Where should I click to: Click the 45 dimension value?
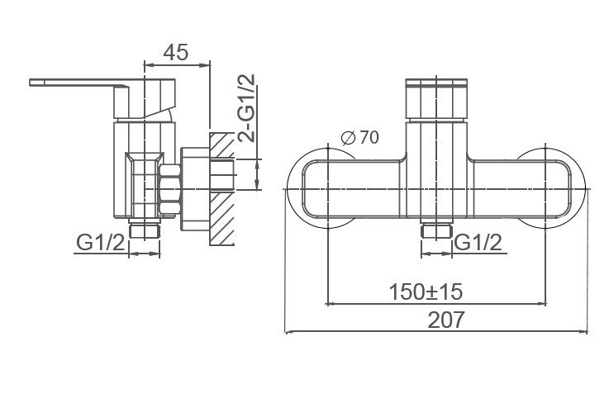(175, 52)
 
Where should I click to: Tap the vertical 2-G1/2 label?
(247, 107)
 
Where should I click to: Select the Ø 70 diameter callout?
(359, 137)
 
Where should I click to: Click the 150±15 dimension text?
(426, 292)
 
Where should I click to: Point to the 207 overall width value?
(445, 320)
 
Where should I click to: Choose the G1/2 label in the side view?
(100, 243)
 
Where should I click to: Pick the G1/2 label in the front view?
(478, 243)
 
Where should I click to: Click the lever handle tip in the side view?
(31, 83)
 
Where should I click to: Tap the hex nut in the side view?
(169, 189)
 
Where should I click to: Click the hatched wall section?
(222, 189)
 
